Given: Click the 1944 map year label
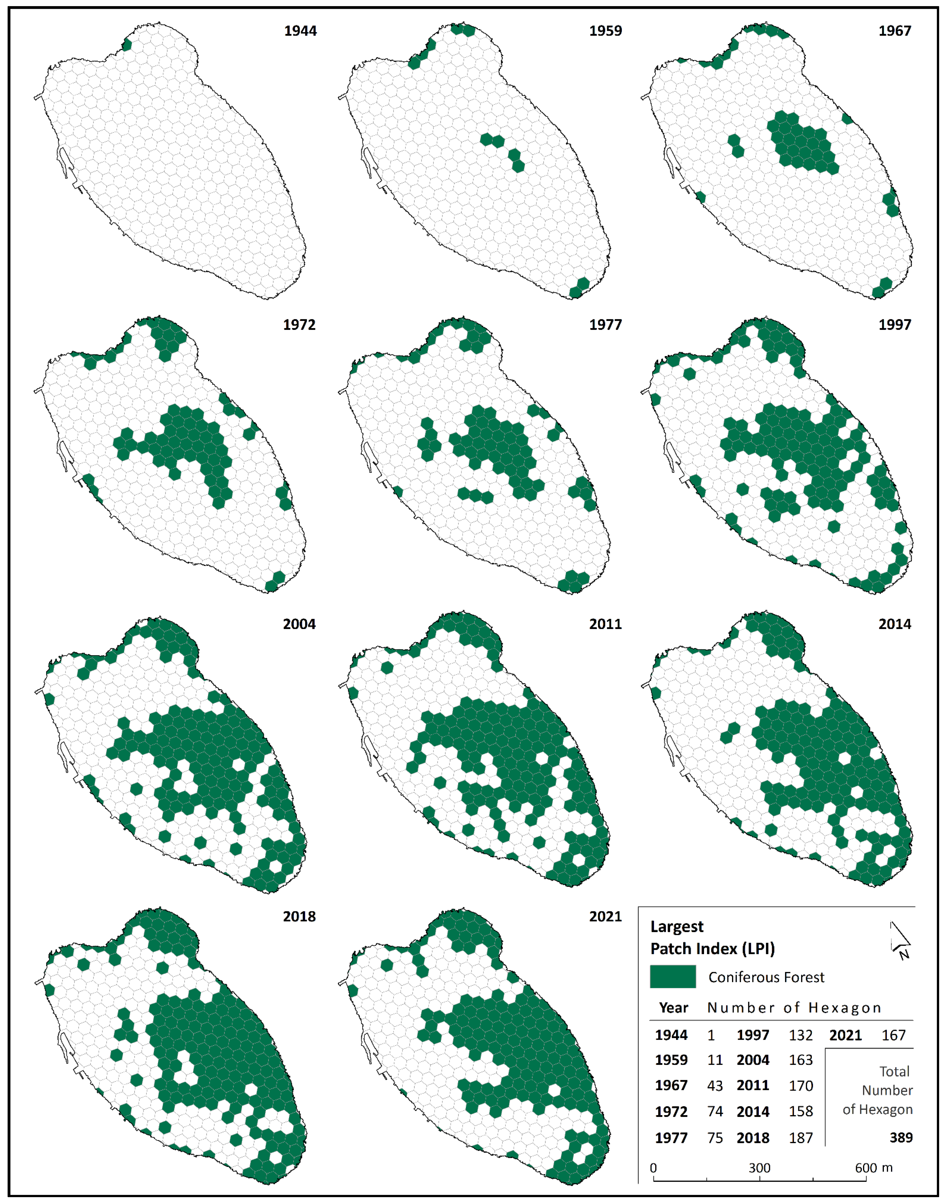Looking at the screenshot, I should pos(300,31).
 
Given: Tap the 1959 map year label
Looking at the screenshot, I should pos(605,31).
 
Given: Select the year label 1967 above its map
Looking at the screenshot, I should pos(894,31).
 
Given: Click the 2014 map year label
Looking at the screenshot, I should pos(894,624).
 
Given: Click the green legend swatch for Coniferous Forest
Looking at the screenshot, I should pos(672,977).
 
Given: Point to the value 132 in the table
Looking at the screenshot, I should pos(801,1035).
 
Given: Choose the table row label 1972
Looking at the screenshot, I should pos(671,1111).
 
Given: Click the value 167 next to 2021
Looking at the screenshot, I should pos(893,1035).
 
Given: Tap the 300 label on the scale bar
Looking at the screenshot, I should pos(759,1168).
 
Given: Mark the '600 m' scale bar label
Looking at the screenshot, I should pos(873,1168).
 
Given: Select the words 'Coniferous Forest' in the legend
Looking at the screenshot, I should pos(766,977).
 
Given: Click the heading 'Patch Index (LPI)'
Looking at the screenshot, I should pos(712,949).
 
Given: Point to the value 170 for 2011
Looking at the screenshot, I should pos(801,1085).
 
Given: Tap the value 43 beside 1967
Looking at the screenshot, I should pos(715,1085).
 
